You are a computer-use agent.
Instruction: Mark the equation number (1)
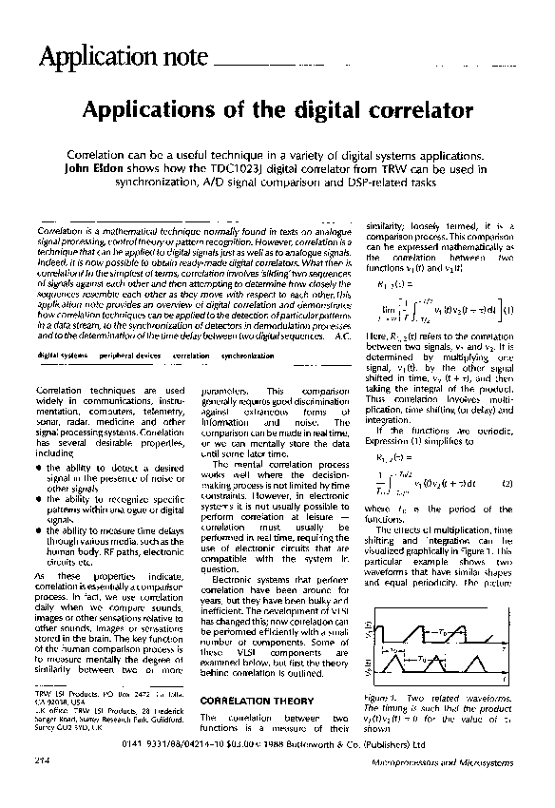(x=510, y=309)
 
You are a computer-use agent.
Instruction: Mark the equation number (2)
(x=507, y=486)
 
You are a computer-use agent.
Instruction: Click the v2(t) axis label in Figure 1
(x=367, y=670)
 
